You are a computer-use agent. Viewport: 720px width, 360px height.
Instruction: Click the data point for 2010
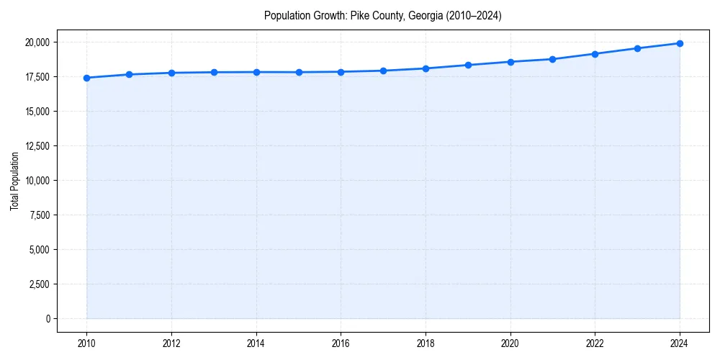click(86, 78)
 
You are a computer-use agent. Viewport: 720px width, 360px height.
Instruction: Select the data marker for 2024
click(680, 43)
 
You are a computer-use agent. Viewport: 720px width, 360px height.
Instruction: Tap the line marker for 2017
click(383, 71)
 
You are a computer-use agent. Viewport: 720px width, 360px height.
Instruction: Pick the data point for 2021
click(552, 59)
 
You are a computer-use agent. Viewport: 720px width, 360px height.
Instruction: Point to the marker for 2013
click(214, 72)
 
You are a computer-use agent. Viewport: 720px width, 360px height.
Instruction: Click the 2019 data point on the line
click(468, 65)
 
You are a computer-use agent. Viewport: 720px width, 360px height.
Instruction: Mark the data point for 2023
click(637, 48)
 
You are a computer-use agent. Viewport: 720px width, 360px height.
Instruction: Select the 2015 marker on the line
click(299, 72)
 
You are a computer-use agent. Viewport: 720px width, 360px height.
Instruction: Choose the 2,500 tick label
click(39, 284)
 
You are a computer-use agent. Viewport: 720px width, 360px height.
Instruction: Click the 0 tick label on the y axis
click(48, 319)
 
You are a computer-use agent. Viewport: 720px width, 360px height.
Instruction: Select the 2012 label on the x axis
click(171, 343)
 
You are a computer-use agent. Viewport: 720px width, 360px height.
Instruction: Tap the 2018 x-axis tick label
click(426, 343)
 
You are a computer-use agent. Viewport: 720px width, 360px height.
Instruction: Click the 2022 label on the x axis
click(595, 343)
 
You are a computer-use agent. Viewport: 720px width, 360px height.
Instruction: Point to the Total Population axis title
click(14, 181)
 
